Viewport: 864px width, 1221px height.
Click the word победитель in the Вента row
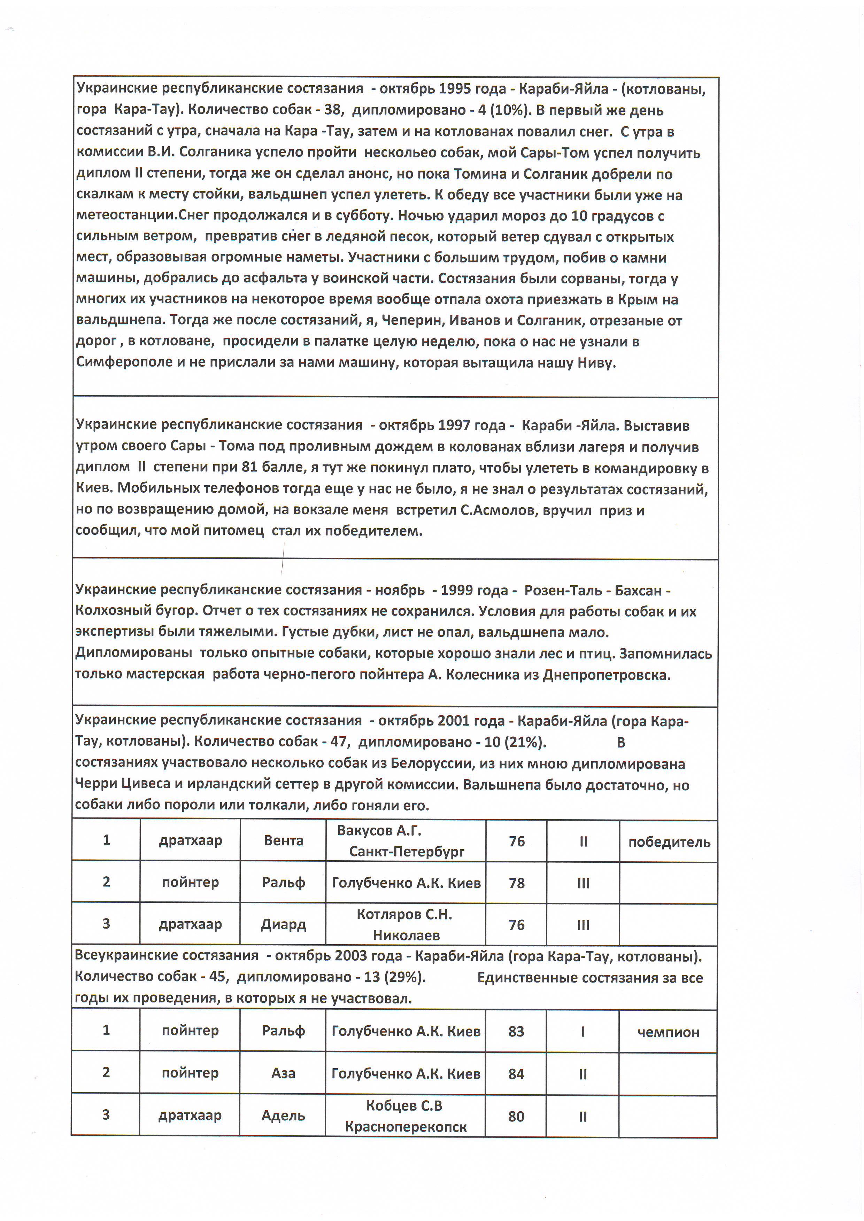pos(669,842)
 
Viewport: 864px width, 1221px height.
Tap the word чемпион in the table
pos(668,1032)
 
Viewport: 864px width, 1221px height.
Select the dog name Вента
pos(284,841)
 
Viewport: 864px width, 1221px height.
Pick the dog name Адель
pos(283,1115)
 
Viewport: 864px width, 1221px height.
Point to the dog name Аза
pos(283,1073)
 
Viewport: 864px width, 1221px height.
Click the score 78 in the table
pos(517,883)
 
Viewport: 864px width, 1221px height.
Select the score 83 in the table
pos(516,1032)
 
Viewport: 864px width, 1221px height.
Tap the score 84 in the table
pos(516,1074)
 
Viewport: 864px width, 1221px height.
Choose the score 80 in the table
pos(516,1116)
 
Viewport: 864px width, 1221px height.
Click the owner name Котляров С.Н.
pos(404,914)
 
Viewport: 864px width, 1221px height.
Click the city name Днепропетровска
pos(607,675)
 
